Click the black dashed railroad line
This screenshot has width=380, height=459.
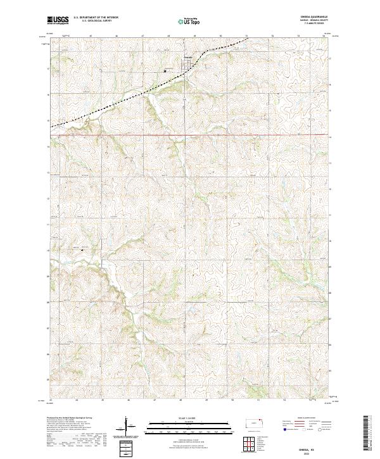pos(127,101)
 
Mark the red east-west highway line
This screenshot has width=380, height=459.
pos(190,135)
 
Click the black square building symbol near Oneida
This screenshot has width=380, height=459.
pos(166,72)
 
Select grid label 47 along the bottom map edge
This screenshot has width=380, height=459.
pos(155,401)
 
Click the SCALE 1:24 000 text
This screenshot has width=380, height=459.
pos(182,415)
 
